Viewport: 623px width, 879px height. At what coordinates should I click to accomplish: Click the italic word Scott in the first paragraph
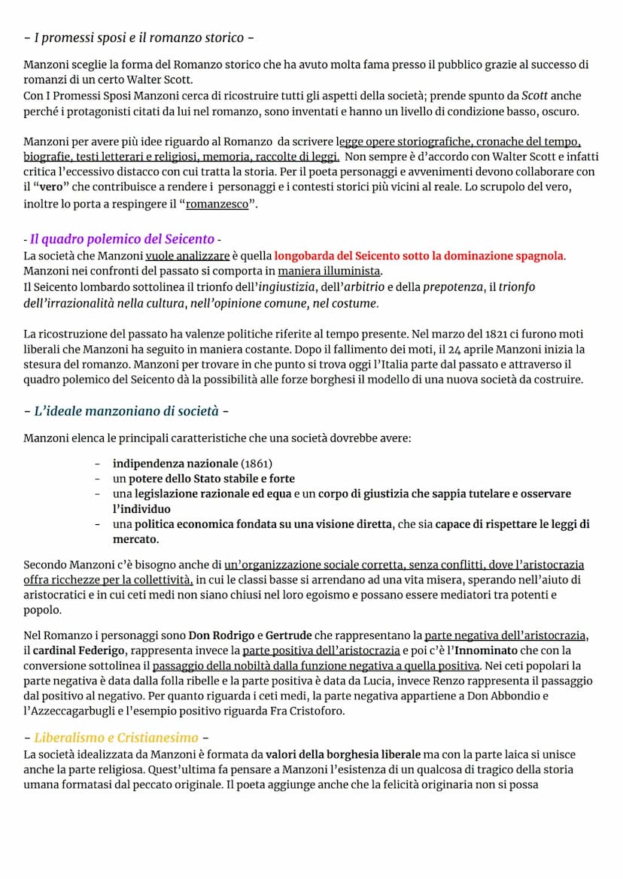click(535, 96)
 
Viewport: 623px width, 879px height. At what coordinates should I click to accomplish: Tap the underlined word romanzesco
click(217, 204)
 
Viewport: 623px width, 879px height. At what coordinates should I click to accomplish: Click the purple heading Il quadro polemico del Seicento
click(122, 239)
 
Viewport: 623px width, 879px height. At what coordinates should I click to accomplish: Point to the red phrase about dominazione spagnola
click(418, 256)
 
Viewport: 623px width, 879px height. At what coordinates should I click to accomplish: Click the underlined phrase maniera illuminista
click(329, 271)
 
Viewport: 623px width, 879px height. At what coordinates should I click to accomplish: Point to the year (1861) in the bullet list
click(257, 463)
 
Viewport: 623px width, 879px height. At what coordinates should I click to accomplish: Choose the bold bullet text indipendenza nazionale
click(175, 463)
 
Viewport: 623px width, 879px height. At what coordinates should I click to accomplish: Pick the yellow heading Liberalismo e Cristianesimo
click(116, 738)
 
